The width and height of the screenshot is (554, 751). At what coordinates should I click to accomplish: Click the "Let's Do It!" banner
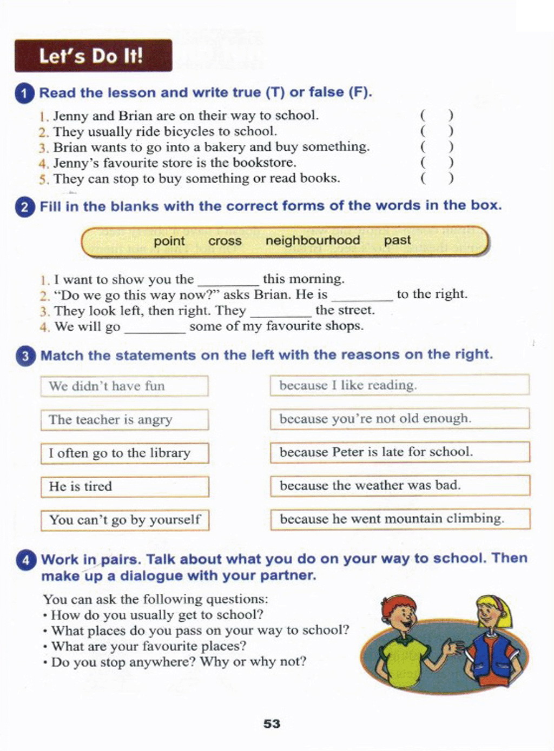point(93,56)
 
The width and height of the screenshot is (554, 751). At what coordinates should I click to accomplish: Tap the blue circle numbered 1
point(24,93)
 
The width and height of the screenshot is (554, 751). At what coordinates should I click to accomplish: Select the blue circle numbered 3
point(25,356)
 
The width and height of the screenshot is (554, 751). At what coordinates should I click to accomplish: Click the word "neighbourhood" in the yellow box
point(312,240)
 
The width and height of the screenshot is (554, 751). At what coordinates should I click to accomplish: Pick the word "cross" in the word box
point(225,241)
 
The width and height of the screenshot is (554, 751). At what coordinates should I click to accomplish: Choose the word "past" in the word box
point(397,240)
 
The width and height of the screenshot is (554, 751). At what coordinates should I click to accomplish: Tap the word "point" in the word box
point(169,241)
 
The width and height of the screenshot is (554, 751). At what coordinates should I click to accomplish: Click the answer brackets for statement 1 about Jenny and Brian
point(437,115)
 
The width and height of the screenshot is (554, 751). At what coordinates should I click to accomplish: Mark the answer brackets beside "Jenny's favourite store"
point(437,162)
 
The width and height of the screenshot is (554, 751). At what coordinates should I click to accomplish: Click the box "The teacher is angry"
point(124,420)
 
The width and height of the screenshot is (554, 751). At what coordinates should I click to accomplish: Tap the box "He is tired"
point(124,487)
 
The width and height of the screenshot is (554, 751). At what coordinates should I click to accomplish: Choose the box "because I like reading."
point(399,385)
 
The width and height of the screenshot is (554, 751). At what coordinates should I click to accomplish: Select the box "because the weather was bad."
point(400,485)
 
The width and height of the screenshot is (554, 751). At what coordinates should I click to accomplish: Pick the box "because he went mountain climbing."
point(400,519)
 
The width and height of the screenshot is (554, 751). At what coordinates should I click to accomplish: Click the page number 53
point(272,723)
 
